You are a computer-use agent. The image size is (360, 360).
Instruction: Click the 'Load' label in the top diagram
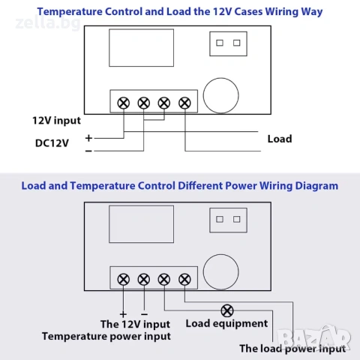tap(280, 139)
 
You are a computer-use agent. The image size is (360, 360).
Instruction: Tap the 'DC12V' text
tap(52, 143)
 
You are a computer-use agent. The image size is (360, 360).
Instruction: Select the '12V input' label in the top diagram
tap(56, 121)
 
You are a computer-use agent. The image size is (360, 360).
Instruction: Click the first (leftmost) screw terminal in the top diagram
tap(124, 103)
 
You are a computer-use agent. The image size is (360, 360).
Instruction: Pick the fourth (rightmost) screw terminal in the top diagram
tap(184, 103)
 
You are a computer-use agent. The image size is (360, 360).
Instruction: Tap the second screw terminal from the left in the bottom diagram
tap(144, 280)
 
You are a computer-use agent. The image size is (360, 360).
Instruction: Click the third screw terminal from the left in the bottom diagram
tap(164, 280)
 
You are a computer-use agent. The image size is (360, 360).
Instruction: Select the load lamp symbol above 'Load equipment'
tap(227, 310)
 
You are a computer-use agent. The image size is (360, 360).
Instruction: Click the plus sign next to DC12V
tap(88, 138)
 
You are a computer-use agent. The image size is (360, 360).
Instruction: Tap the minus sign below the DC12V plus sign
tap(88, 151)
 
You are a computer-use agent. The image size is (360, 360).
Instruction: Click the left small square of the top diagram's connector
tap(220, 43)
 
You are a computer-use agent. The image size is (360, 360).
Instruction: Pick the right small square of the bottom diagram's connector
tap(237, 220)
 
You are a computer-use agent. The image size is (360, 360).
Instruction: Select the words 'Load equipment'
tap(226, 323)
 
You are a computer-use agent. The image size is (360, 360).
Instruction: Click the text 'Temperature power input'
tap(106, 337)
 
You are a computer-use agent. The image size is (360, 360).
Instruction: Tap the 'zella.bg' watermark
tap(48, 23)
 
